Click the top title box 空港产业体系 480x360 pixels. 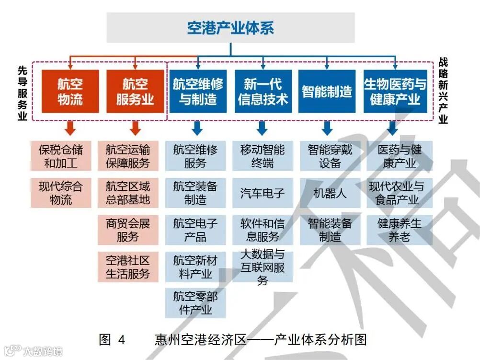coord(230,27)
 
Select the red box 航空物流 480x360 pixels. coord(70,92)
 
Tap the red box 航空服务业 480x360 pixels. coord(135,92)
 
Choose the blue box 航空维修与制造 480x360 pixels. coord(198,92)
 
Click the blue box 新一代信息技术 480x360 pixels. coord(263,92)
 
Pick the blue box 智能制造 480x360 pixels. coord(327,92)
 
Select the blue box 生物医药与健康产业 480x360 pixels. coord(395,92)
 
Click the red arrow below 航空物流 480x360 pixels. coord(70,128)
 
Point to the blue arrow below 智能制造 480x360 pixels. coord(327,128)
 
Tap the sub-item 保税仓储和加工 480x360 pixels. coord(61,156)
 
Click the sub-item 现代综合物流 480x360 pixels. coord(61,193)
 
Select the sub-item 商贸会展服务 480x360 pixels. coord(128,230)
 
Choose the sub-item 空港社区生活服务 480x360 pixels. coord(128,267)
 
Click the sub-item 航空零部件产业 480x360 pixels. coord(195,303)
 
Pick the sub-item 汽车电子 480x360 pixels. coord(263,193)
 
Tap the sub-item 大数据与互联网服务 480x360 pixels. coord(263,267)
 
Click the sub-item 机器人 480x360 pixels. coord(330,193)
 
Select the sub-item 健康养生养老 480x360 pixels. coord(400,230)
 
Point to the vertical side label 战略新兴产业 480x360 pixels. coord(443,92)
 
